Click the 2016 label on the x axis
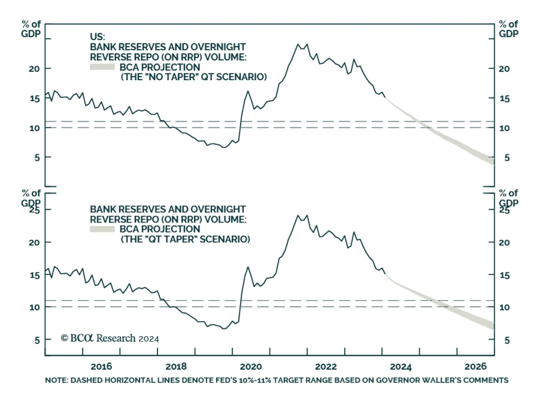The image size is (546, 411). click(101, 367)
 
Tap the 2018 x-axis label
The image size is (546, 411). click(176, 367)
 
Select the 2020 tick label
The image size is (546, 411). click(251, 367)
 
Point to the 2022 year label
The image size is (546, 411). click(326, 367)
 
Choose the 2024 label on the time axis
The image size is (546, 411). click(401, 367)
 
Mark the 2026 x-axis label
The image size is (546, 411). click(475, 367)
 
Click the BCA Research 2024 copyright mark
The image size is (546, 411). click(110, 338)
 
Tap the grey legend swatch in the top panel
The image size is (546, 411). click(102, 67)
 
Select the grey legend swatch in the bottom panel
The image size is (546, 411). click(102, 229)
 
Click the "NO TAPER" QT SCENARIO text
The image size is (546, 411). click(194, 77)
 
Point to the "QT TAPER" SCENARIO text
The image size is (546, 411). click(185, 239)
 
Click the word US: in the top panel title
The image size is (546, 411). click(97, 37)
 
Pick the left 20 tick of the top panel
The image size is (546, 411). click(34, 69)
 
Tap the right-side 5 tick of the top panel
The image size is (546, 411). click(507, 158)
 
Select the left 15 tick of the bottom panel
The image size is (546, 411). click(35, 275)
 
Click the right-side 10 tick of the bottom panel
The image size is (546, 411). click(504, 307)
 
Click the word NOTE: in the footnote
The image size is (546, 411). click(56, 380)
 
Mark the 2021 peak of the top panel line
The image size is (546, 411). click(298, 44)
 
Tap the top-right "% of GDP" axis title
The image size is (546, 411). click(508, 29)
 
